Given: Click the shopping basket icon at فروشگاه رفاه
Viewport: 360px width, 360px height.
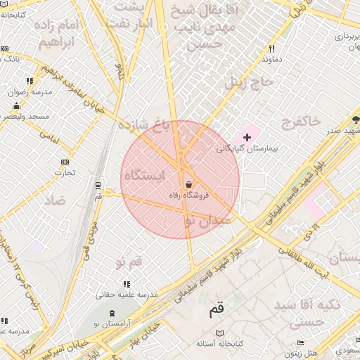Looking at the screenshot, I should point(188,184).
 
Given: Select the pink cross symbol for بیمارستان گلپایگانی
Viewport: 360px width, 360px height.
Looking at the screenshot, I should point(246,136).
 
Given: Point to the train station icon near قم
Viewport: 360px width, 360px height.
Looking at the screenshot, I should point(98,186).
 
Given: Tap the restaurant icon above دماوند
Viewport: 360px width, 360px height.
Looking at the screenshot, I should point(271,49).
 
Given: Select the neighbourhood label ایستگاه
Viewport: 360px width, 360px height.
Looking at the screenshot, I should point(143,175).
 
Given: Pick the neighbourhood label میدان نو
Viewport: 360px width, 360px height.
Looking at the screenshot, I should point(206,221).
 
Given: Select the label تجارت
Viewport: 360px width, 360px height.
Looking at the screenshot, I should point(65,172).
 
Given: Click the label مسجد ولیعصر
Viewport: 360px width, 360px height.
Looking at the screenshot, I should point(25,116).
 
